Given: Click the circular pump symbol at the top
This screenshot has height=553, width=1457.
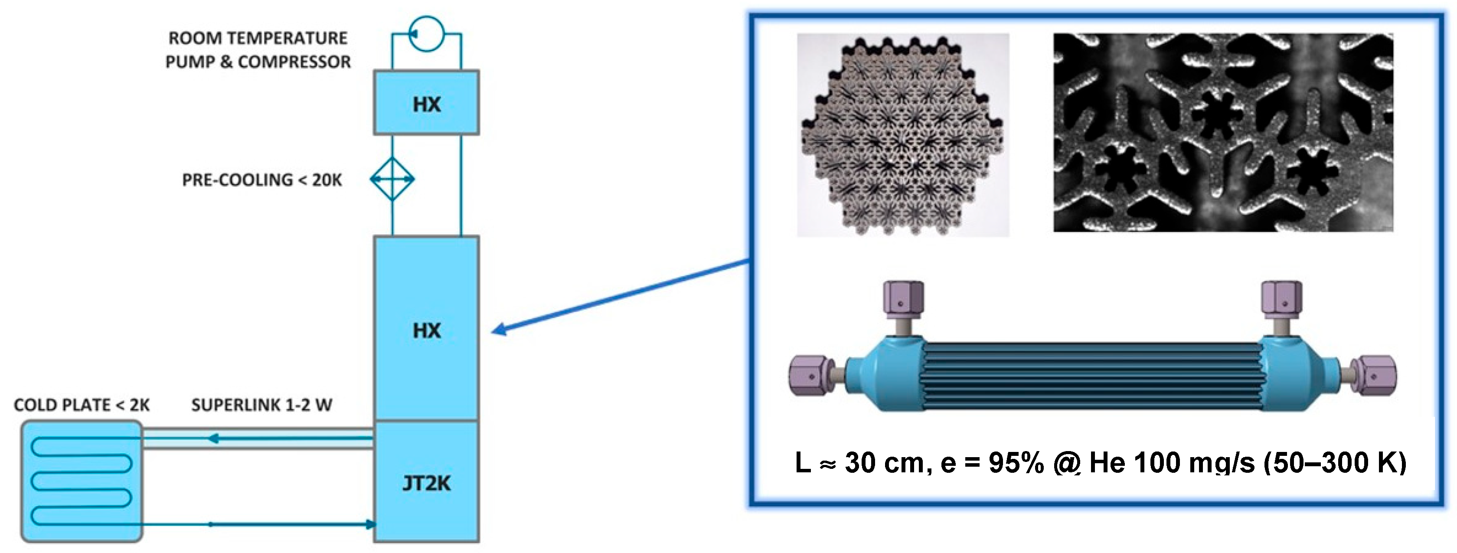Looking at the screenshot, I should click(x=426, y=33).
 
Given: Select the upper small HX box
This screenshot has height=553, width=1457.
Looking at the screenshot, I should click(x=426, y=103).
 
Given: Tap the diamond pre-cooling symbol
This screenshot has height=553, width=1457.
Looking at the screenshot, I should click(x=392, y=179).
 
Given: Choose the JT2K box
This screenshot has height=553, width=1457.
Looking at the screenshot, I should click(x=426, y=482).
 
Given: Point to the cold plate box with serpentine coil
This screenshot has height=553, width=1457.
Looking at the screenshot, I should click(x=82, y=481).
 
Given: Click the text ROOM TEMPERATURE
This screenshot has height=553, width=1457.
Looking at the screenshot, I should click(x=258, y=39).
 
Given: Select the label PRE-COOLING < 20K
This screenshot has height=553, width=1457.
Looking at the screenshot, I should click(x=262, y=180).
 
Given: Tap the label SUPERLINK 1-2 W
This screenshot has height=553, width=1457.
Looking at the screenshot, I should click(x=261, y=405).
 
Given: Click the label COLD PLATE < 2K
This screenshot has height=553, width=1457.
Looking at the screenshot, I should click(x=82, y=405).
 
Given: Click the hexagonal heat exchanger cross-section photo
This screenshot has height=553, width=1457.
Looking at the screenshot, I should click(x=903, y=134).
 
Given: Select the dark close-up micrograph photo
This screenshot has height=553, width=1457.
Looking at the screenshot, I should click(x=1223, y=132).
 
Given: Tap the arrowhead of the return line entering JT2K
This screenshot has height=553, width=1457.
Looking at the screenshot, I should click(x=370, y=524).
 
